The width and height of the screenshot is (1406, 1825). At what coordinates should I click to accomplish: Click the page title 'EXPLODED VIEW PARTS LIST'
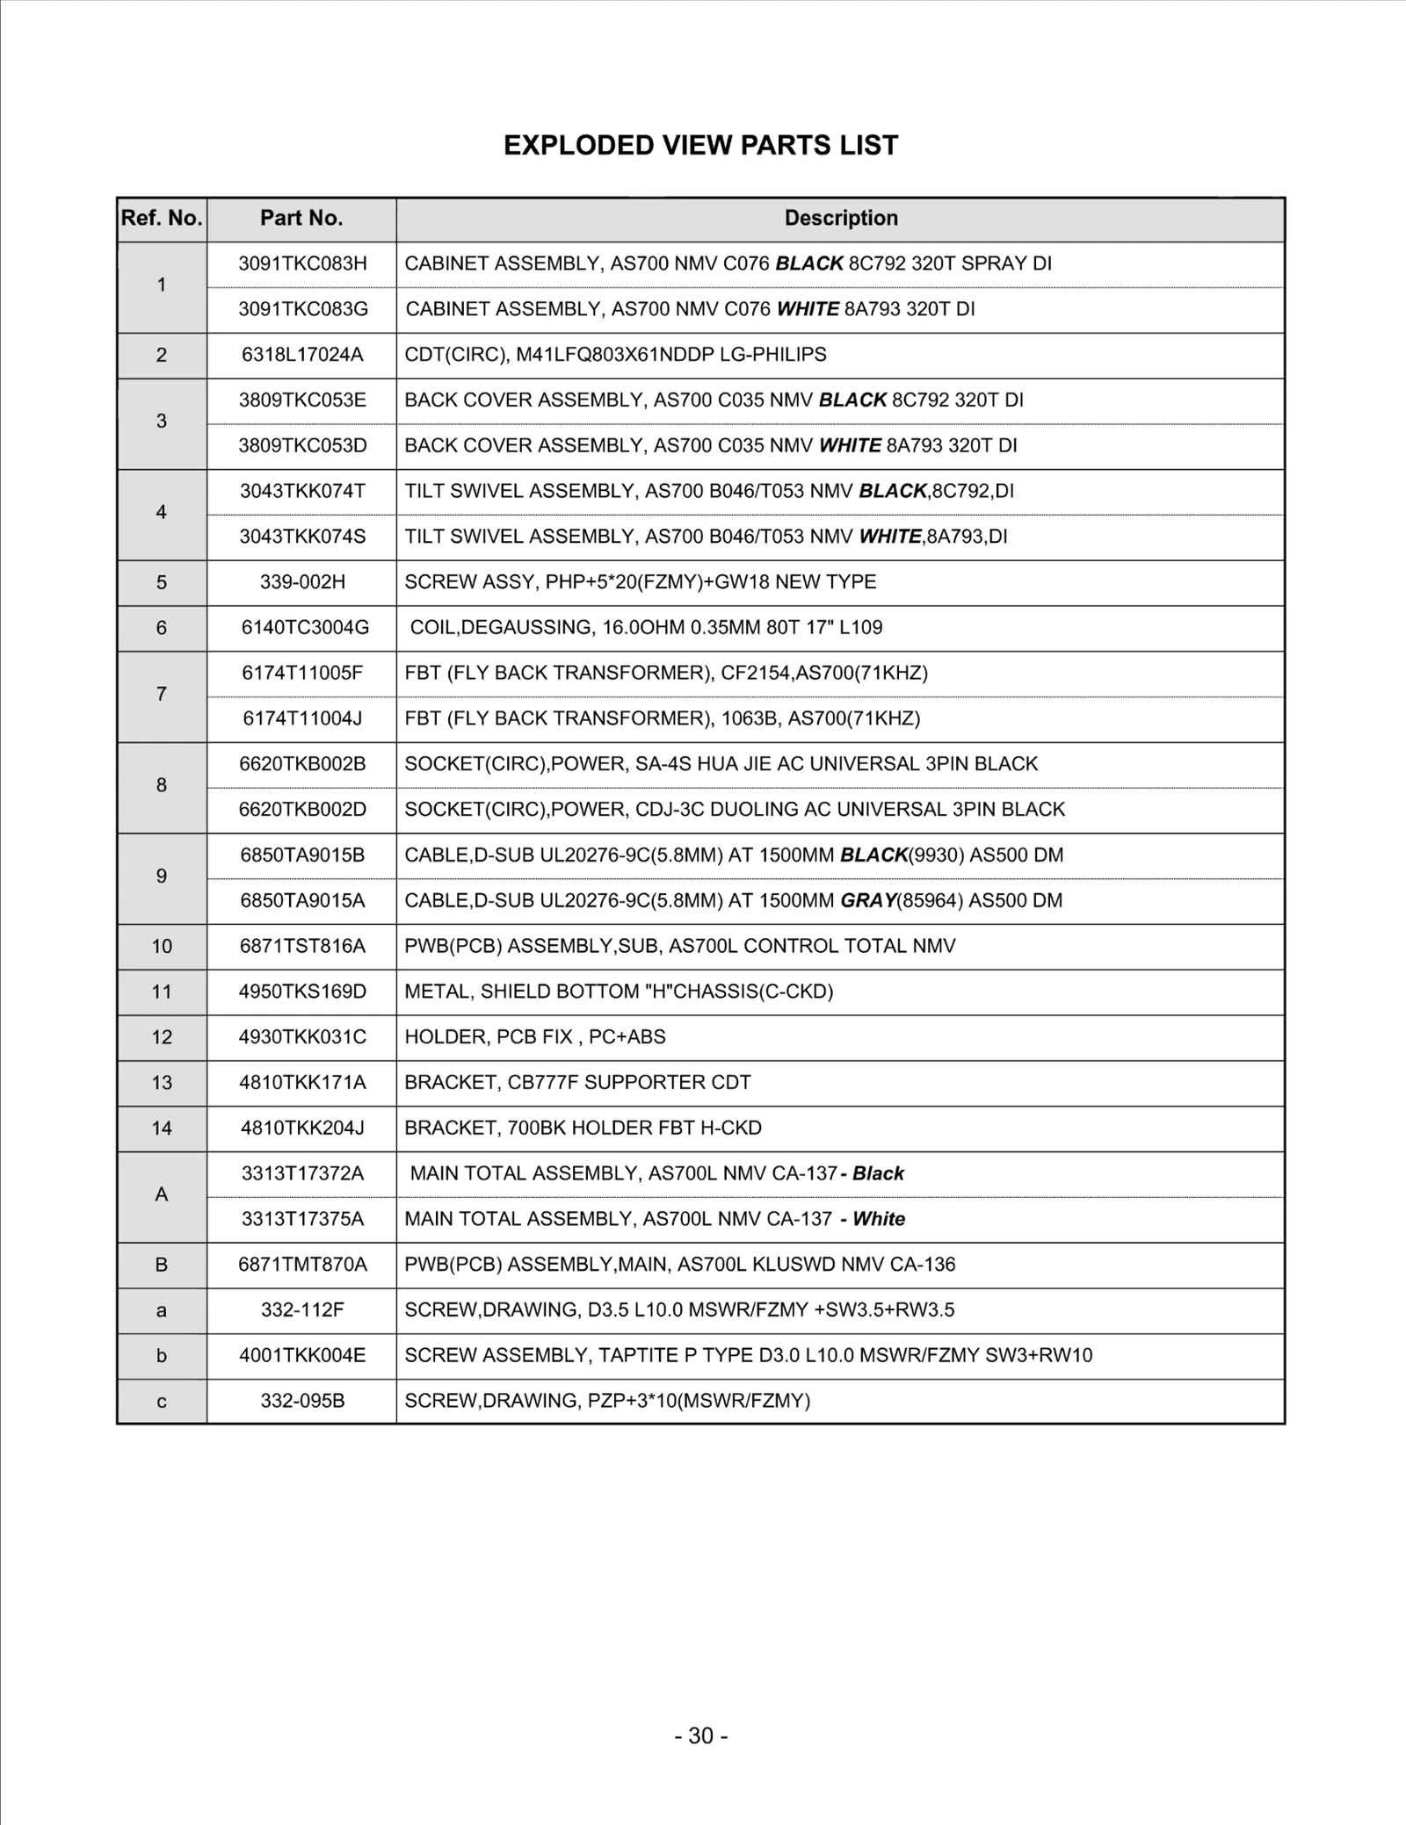pos(700,145)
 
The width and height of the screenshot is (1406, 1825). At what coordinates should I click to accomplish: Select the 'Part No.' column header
pos(301,219)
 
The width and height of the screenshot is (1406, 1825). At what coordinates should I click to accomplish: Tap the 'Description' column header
pos(841,219)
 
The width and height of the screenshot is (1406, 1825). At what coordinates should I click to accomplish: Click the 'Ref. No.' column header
pos(162,219)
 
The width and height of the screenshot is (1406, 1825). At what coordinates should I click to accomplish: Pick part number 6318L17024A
pos(302,355)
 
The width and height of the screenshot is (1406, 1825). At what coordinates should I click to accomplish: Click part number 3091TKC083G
pos(302,309)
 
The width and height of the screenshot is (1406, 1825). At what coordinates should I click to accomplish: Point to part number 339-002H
pos(302,582)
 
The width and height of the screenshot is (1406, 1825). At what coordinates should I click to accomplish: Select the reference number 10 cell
pos(162,947)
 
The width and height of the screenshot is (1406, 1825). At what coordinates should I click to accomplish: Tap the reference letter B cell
pos(162,1266)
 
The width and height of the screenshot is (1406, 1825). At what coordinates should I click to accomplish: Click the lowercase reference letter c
pos(162,1402)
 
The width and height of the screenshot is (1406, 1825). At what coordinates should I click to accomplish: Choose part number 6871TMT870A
pos(302,1266)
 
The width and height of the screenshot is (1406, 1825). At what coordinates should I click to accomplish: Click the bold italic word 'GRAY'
pos(867,901)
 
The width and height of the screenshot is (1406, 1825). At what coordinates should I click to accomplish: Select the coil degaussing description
pos(646,628)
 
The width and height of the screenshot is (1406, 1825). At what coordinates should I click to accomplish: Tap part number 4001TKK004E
pos(302,1356)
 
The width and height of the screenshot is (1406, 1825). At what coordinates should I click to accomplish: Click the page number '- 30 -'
pos(700,1736)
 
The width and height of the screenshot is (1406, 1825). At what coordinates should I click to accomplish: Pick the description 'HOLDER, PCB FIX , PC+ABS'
pos(535,1037)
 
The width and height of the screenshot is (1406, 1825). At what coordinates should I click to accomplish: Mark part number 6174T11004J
pos(302,719)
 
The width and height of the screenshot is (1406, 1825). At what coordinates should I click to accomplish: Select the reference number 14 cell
pos(162,1129)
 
